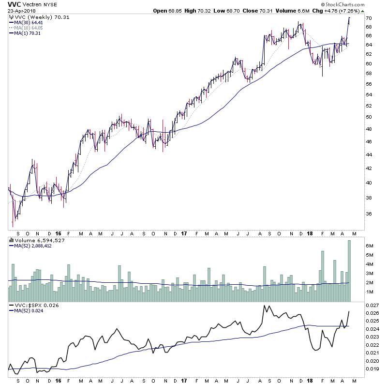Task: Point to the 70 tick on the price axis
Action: click(x=368, y=18)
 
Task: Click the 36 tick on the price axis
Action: click(x=368, y=214)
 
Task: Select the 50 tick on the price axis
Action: click(x=368, y=117)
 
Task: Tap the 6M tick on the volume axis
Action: click(x=369, y=246)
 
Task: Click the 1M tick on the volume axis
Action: click(x=369, y=292)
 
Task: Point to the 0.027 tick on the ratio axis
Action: click(x=372, y=306)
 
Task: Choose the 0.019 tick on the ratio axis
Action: click(x=372, y=369)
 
